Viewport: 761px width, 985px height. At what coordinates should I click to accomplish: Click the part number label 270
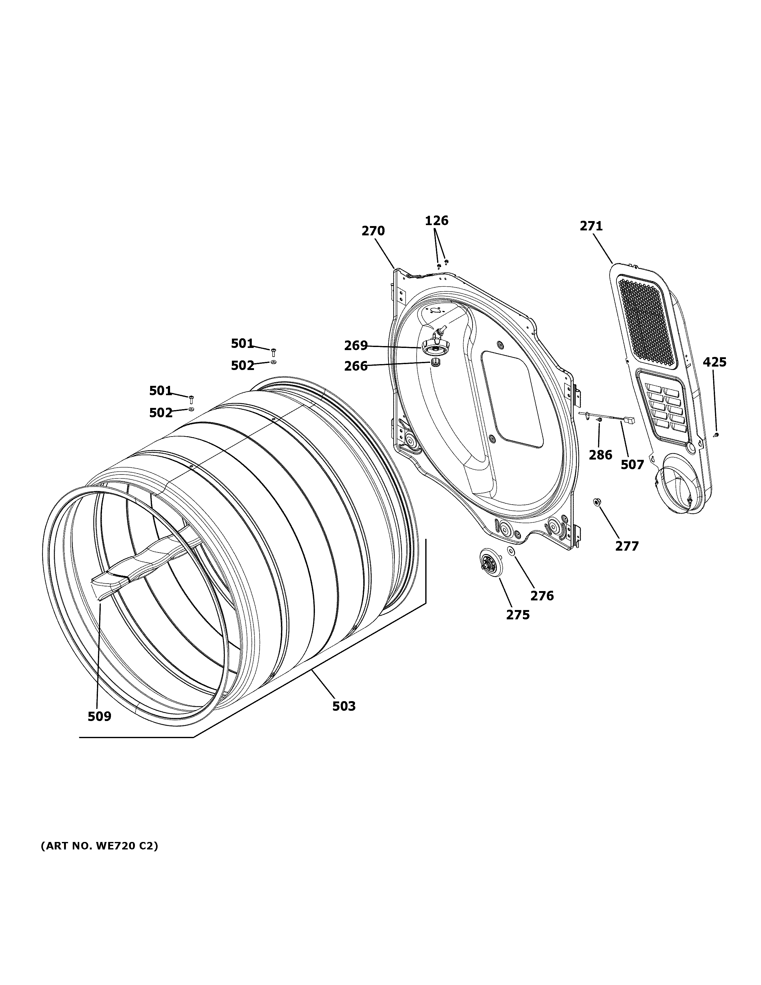[x=373, y=231]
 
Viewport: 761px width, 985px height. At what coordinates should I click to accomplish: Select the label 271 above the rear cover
[x=591, y=226]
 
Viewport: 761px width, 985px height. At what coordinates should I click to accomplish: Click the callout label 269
[x=356, y=346]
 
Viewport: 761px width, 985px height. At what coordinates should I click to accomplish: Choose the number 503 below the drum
[x=344, y=706]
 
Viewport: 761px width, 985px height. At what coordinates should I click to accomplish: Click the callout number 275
[x=518, y=615]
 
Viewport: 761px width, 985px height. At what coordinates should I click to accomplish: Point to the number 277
[x=627, y=546]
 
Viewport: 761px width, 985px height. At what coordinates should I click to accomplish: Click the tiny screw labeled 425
[x=716, y=435]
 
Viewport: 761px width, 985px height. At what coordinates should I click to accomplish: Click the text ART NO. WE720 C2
[x=99, y=847]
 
